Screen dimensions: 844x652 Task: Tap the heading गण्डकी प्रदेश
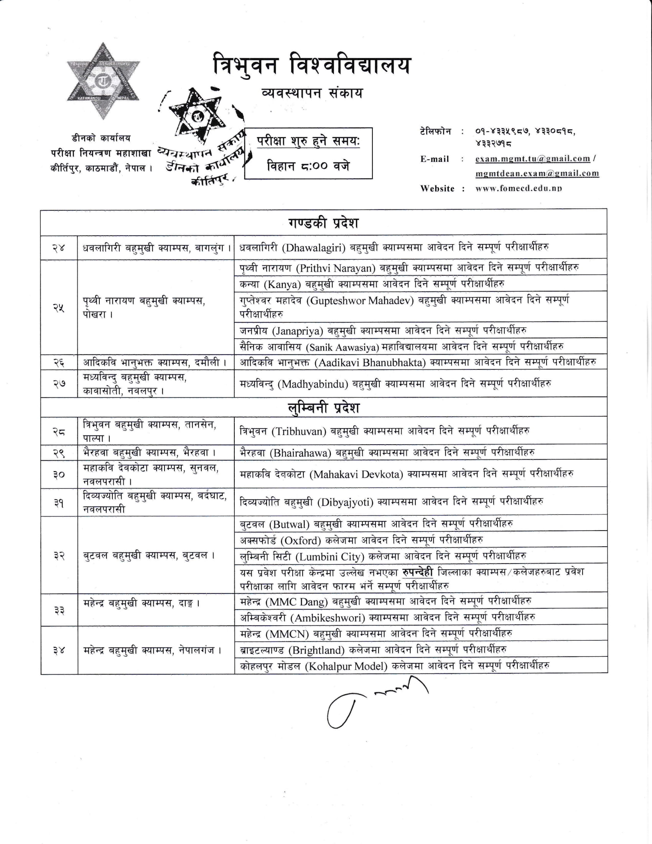324,223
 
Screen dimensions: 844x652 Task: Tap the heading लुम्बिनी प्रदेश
324,408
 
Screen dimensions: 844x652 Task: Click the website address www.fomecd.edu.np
519,189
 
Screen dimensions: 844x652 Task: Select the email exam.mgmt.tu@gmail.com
533,159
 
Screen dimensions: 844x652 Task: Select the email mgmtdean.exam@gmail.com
537,173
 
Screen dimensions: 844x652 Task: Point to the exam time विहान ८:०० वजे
308,166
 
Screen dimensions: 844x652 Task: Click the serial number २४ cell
59,248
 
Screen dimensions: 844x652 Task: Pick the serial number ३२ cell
59,556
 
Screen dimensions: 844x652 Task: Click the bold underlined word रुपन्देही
418,572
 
